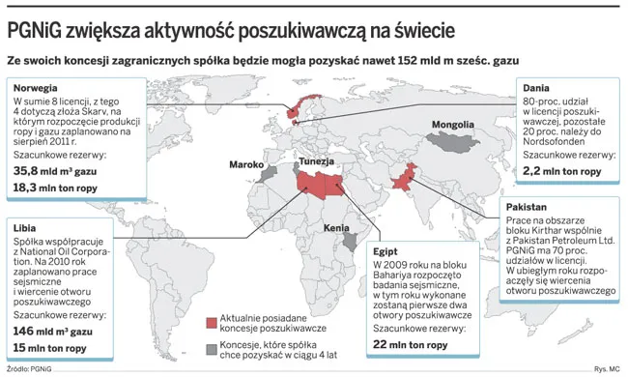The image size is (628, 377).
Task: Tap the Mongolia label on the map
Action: [x=452, y=125]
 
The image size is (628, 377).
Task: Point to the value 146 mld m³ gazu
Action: [x=57, y=331]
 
